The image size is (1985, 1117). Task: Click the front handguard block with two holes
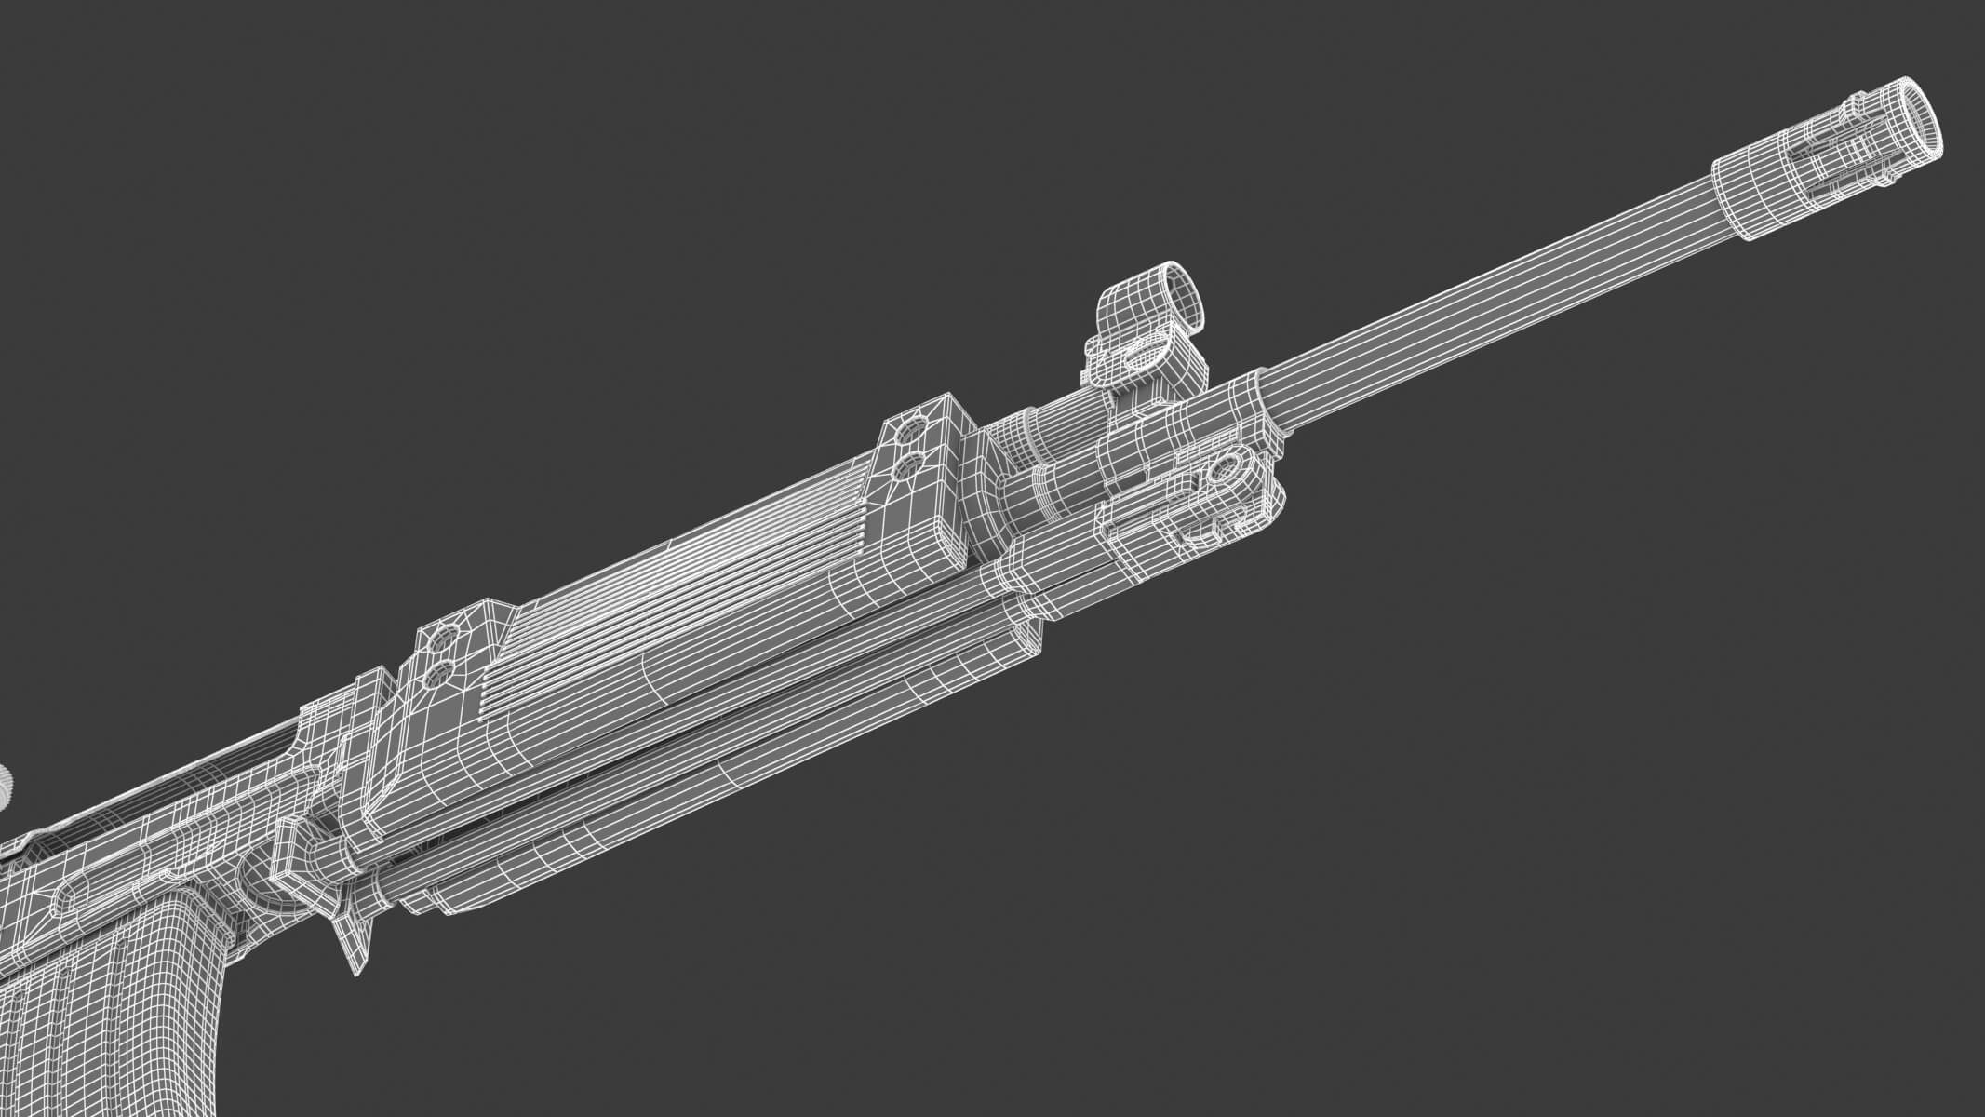click(x=921, y=465)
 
